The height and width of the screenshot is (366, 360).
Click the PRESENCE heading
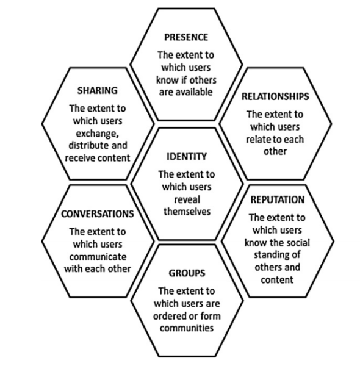click(x=186, y=37)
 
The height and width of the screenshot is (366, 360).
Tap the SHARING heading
click(x=98, y=90)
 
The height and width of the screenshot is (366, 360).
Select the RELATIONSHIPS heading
click(x=275, y=96)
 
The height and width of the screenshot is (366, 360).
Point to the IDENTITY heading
click(x=187, y=156)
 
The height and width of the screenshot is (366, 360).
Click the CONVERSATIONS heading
click(x=98, y=214)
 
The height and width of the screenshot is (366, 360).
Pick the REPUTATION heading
click(x=278, y=200)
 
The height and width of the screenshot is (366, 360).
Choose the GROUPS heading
click(x=187, y=273)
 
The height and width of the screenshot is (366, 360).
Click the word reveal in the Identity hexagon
click(x=187, y=200)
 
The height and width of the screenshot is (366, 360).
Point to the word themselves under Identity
click(x=187, y=212)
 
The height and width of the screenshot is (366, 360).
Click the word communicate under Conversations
click(x=98, y=257)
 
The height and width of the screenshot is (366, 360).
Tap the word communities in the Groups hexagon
click(x=187, y=328)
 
